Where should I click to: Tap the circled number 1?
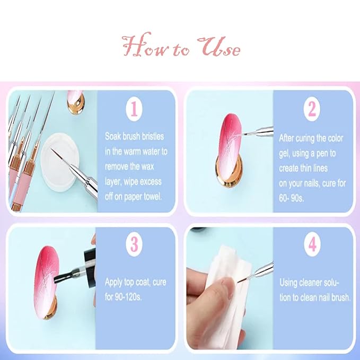[134, 109]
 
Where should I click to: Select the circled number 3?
[135, 244]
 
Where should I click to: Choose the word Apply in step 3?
[115, 282]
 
